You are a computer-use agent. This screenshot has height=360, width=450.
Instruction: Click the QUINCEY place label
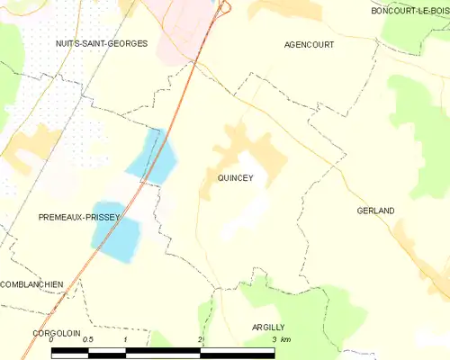(x=235, y=178)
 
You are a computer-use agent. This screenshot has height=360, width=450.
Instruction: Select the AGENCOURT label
(x=309, y=44)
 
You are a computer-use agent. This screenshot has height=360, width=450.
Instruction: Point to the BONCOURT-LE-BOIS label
(x=410, y=11)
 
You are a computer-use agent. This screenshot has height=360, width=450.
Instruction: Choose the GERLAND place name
(x=375, y=211)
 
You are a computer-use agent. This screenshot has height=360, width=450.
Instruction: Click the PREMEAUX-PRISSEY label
(x=73, y=218)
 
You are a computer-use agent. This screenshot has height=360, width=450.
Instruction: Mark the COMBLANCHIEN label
(x=31, y=284)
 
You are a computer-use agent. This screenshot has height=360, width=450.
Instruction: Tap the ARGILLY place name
(x=267, y=328)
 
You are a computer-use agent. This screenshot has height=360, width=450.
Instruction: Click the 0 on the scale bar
(x=52, y=340)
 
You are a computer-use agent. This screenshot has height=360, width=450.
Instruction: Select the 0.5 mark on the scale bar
(x=88, y=340)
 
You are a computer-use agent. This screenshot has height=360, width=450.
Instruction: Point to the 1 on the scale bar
(x=125, y=340)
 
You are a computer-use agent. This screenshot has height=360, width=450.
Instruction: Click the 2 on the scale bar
(x=200, y=340)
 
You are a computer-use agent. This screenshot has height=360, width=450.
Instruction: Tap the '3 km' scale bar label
(x=280, y=340)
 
